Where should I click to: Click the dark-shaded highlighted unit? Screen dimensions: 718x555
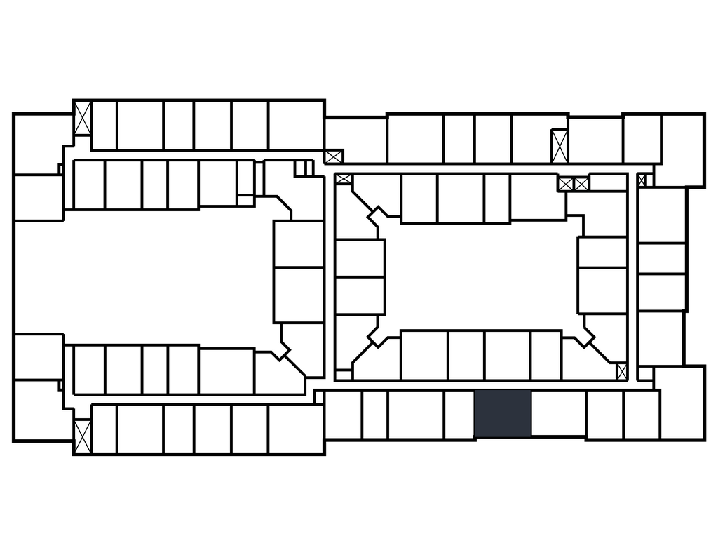click(503, 414)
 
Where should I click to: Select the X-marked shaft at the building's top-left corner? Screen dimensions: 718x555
click(83, 119)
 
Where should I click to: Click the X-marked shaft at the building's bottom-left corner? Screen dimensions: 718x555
click(83, 436)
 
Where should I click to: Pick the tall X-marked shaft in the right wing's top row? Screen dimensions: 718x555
click(559, 146)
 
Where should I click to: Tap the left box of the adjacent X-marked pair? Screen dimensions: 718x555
click(566, 184)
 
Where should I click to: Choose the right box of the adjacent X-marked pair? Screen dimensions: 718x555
click(581, 184)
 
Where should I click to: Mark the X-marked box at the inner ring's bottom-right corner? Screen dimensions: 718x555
click(622, 371)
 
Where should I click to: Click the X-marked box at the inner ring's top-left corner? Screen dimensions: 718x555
click(344, 179)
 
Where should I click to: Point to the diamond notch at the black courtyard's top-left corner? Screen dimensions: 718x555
click(379, 218)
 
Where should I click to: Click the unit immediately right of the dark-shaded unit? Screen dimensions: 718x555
click(558, 414)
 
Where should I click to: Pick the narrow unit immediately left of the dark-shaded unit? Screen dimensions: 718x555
click(459, 414)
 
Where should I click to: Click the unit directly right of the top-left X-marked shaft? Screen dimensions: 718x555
click(104, 126)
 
